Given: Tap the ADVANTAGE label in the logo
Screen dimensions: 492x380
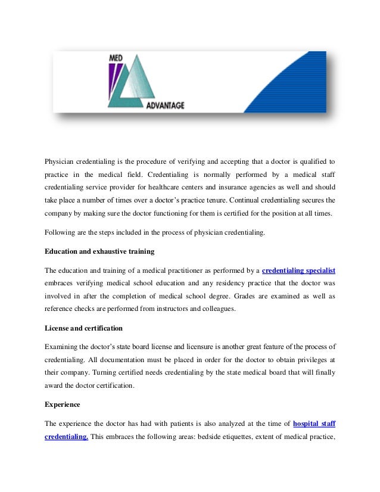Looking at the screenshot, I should [x=165, y=105].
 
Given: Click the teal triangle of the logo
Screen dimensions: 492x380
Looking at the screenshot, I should [x=138, y=83].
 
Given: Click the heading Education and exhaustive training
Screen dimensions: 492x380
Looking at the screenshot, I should [x=99, y=250].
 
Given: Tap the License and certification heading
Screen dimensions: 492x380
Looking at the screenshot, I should [x=85, y=328].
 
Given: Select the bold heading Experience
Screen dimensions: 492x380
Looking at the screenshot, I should [x=63, y=404].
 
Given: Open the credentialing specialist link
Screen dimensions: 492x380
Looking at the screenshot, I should [x=298, y=270].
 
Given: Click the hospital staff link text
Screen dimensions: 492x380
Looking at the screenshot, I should [x=314, y=424].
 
